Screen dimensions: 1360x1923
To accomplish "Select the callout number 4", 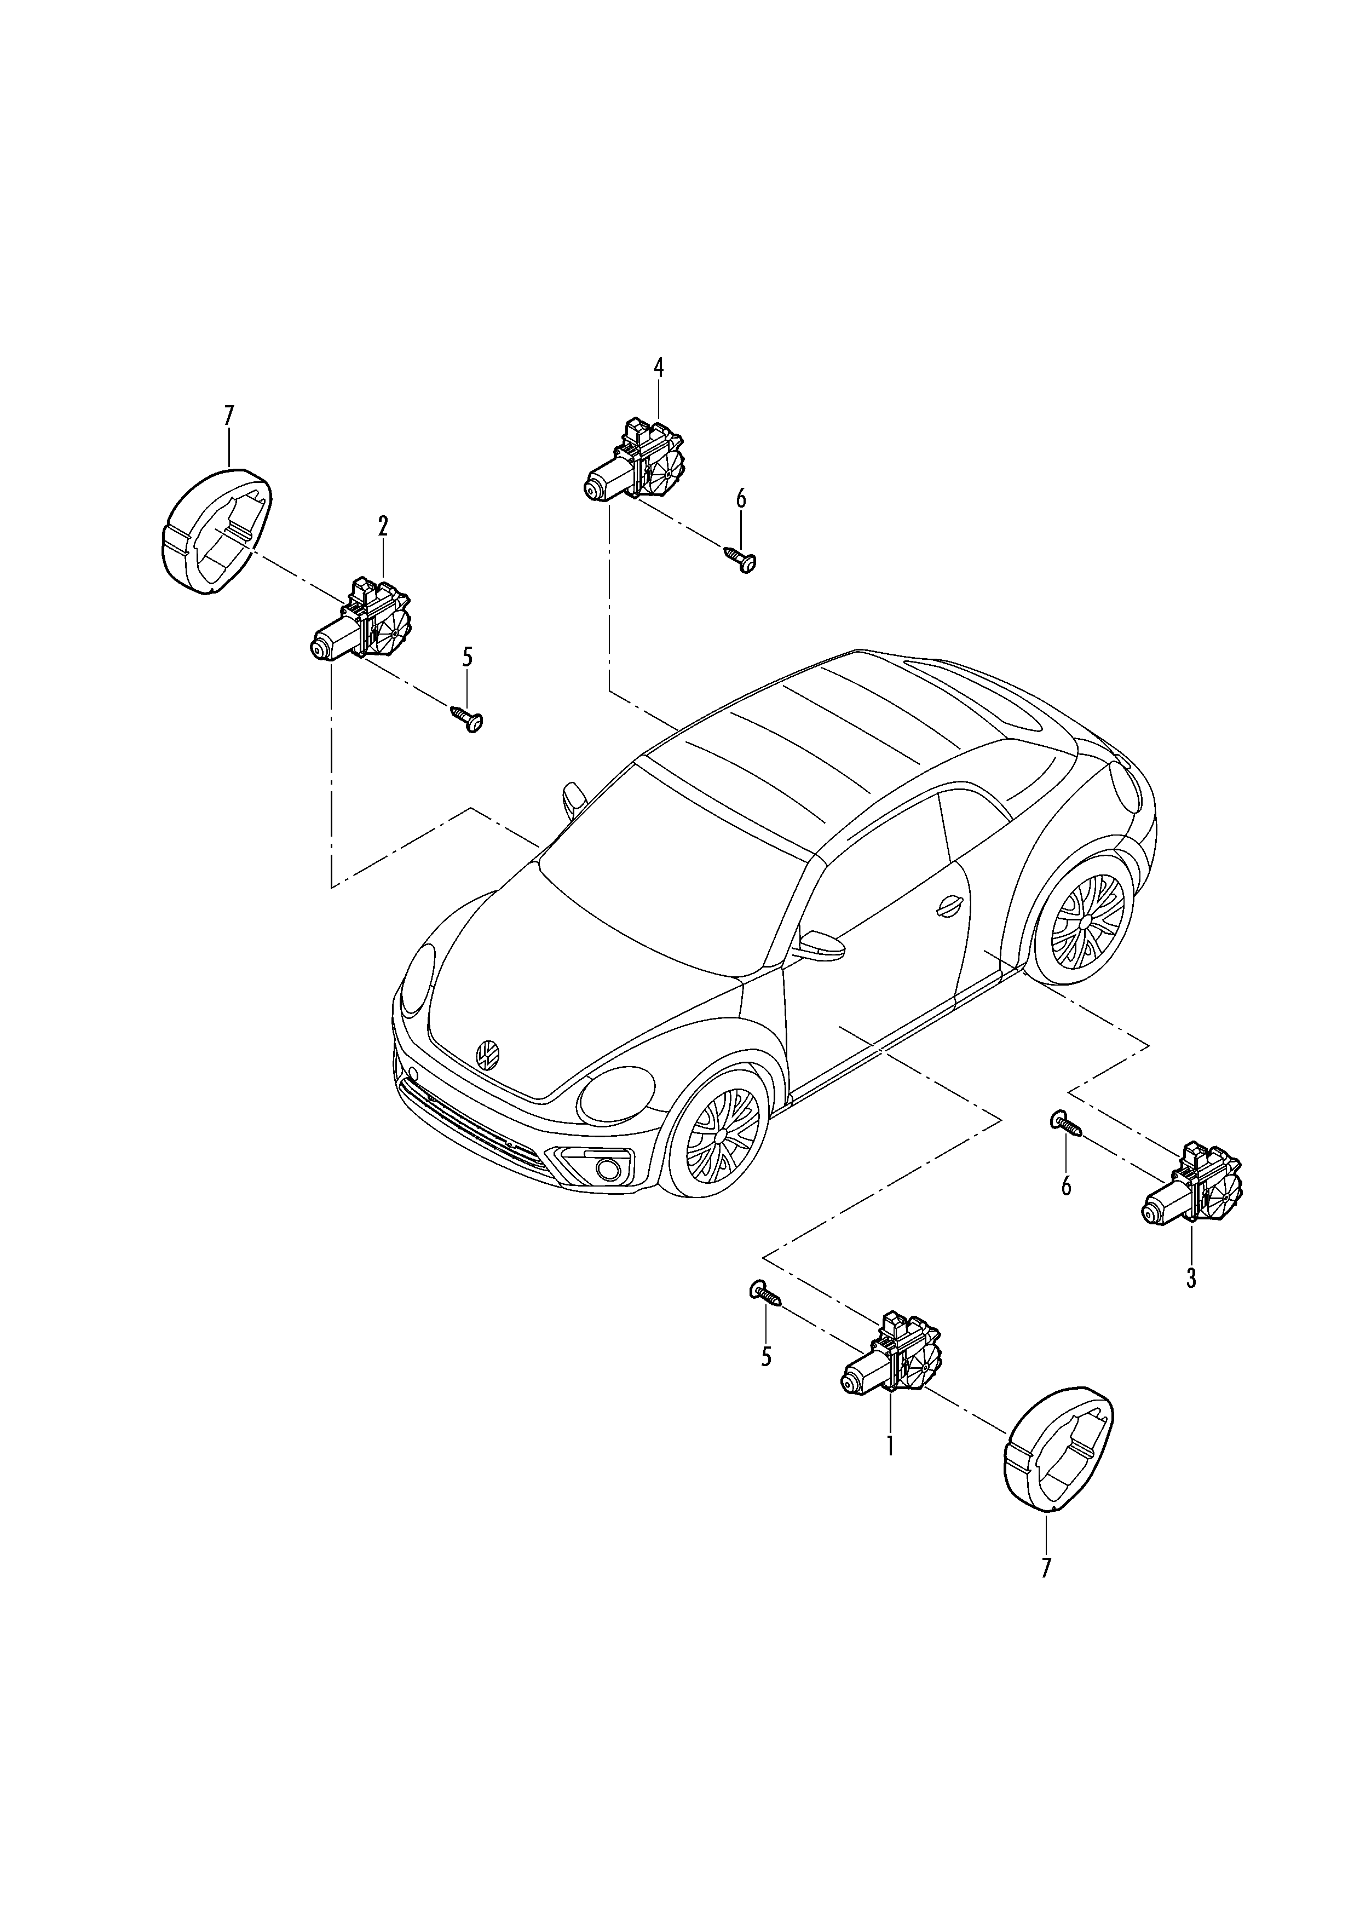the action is [x=658, y=368].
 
